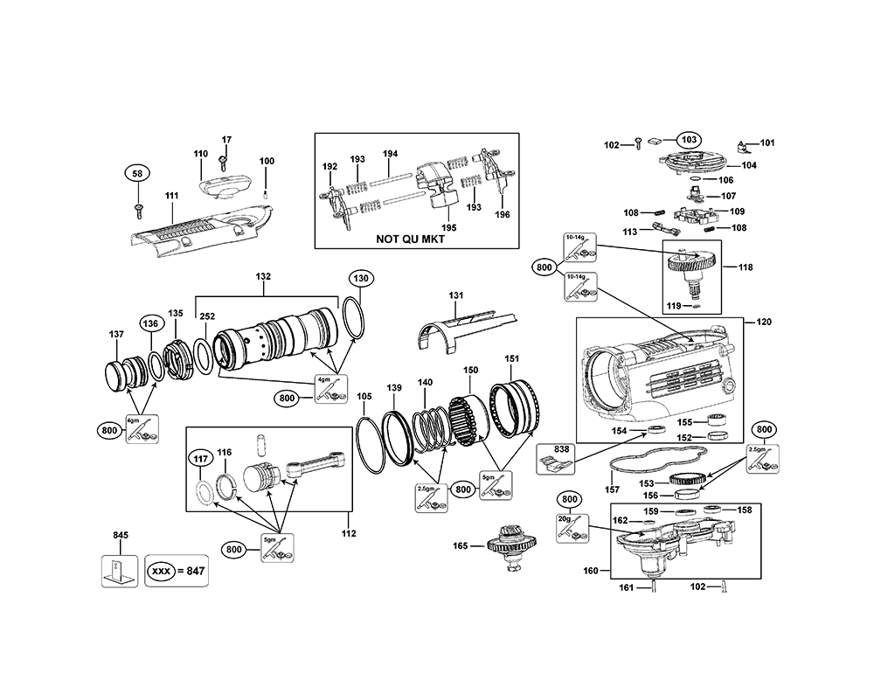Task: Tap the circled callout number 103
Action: (x=689, y=139)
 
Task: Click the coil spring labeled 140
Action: (x=430, y=424)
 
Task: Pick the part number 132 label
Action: (x=263, y=276)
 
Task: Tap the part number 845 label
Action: (x=121, y=534)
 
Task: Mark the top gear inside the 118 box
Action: (x=690, y=260)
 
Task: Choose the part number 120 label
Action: (x=764, y=323)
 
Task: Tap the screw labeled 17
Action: (x=225, y=160)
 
